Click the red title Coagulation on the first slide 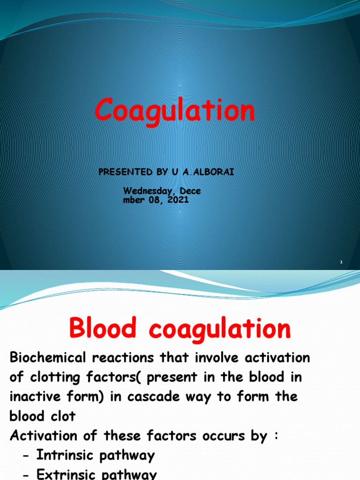coord(175,112)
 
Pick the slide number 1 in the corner coord(342,262)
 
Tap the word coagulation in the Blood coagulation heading coord(220,329)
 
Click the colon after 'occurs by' coord(277,435)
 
